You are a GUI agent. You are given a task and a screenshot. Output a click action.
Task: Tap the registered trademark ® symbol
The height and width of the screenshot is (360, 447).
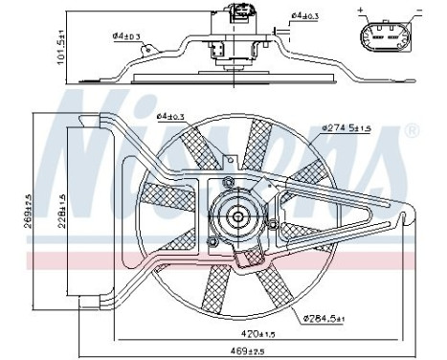tap(413, 129)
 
